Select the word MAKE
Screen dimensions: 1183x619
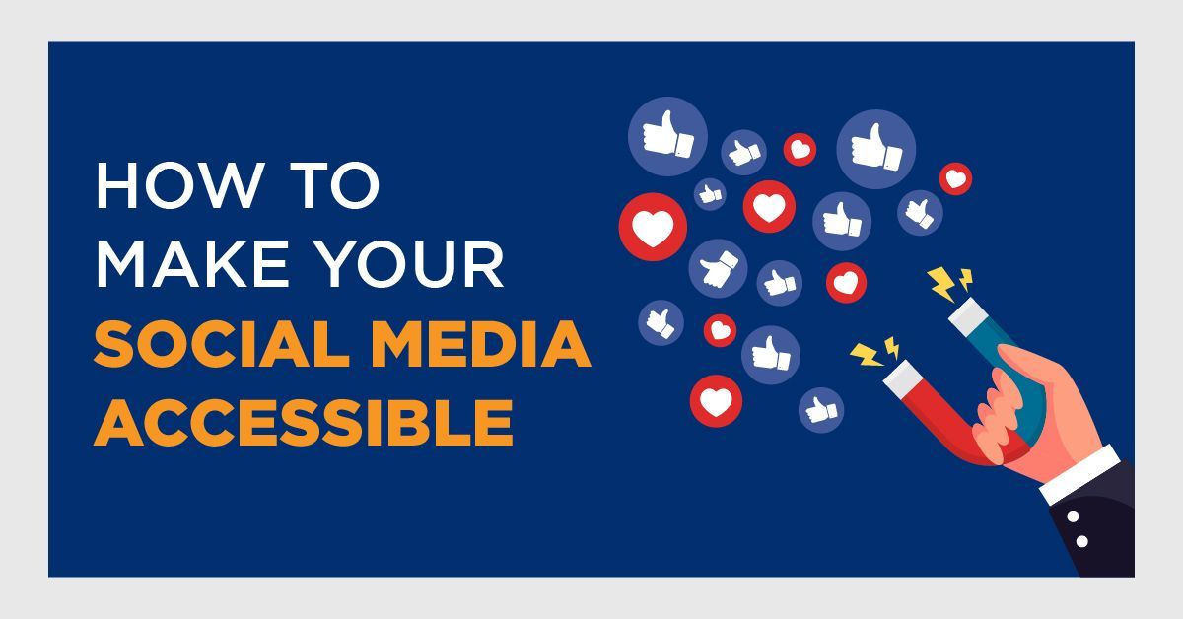pyautogui.click(x=193, y=263)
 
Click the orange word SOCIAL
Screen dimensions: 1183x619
pyautogui.click(x=222, y=344)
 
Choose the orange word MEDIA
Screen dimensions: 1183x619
pyautogui.click(x=481, y=344)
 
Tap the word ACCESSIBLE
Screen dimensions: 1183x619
pyautogui.click(x=304, y=423)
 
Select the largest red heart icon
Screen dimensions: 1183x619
pyautogui.click(x=653, y=227)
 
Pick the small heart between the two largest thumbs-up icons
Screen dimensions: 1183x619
pyautogui.click(x=800, y=150)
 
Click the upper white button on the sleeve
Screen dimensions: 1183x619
pyautogui.click(x=1073, y=516)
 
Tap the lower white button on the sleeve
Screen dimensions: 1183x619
pyautogui.click(x=1081, y=541)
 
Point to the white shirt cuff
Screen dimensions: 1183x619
pyautogui.click(x=1080, y=474)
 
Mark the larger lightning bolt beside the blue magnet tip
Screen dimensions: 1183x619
pyautogui.click(x=941, y=284)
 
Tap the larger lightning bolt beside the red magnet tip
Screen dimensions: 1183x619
pyautogui.click(x=867, y=354)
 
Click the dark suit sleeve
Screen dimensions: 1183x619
pyautogui.click(x=1098, y=528)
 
